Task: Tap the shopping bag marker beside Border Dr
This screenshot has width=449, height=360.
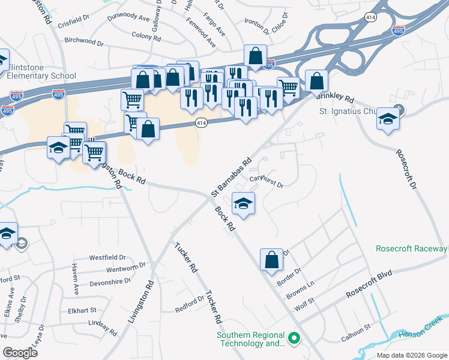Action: [x=271, y=259]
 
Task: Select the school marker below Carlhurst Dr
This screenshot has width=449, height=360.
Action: [x=243, y=204]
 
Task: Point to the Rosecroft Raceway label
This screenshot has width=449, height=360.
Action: [x=412, y=248]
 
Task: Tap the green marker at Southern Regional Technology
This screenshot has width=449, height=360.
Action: [x=294, y=339]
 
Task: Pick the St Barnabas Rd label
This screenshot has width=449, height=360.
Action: [x=231, y=178]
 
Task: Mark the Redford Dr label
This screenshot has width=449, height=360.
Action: [x=190, y=304]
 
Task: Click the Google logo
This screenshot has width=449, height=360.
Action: [x=20, y=353]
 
